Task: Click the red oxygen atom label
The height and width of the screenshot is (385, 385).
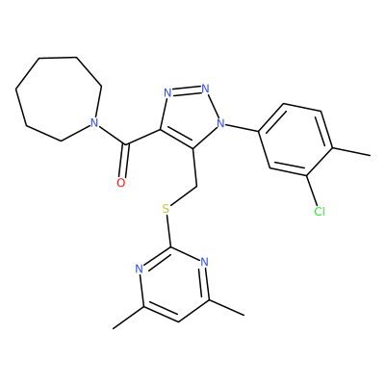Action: pyautogui.click(x=121, y=183)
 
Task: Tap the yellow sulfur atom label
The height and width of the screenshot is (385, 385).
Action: pyautogui.click(x=166, y=210)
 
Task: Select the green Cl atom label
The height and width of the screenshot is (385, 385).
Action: pyautogui.click(x=320, y=211)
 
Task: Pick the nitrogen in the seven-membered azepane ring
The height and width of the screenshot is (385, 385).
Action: pyautogui.click(x=93, y=122)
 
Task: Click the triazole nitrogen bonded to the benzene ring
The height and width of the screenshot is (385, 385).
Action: pyautogui.click(x=220, y=123)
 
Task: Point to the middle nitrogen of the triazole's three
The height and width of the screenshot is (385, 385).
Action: pyautogui.click(x=206, y=88)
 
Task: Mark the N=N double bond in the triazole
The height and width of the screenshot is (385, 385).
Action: pyautogui.click(x=187, y=90)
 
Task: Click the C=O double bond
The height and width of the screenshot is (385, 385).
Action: pyautogui.click(x=123, y=161)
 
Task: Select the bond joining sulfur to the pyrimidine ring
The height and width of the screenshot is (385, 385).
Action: pyautogui.click(x=168, y=231)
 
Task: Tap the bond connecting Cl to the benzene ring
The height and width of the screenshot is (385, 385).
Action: pyautogui.click(x=312, y=191)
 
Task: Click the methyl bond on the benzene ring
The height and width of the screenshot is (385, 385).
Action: pyautogui.click(x=351, y=152)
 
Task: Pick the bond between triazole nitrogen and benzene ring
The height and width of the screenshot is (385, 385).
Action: pyautogui.click(x=243, y=127)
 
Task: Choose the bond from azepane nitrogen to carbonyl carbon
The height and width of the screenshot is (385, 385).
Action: pyautogui.click(x=112, y=135)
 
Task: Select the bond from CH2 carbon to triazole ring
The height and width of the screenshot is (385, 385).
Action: pyautogui.click(x=194, y=167)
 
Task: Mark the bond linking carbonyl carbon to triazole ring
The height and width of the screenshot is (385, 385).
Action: pyautogui.click(x=143, y=138)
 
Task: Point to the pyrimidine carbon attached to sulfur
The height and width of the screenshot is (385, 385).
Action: pyautogui.click(x=168, y=247)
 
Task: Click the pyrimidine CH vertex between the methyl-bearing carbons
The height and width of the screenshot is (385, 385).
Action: pyautogui.click(x=178, y=321)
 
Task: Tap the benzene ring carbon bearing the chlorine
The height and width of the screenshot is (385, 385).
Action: pyautogui.click(x=306, y=175)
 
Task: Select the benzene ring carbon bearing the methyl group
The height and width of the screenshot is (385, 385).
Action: pyautogui.click(x=332, y=148)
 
